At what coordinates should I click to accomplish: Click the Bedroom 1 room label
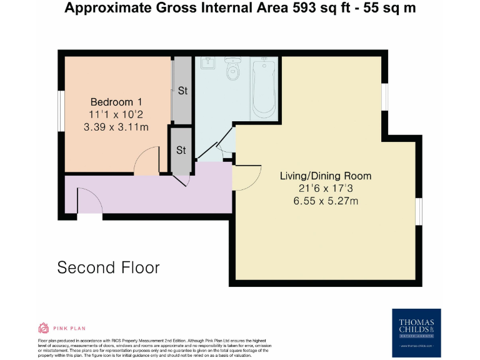[x=116, y=102]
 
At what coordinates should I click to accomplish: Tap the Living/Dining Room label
[x=325, y=176]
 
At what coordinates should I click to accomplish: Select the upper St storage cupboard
[x=182, y=91]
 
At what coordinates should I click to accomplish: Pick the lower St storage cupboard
[x=181, y=150]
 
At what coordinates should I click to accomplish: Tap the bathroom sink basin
[x=207, y=62]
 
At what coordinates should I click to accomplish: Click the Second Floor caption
[x=108, y=267]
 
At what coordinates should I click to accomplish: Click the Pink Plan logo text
[x=69, y=327]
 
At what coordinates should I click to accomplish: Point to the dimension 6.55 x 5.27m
[x=325, y=201]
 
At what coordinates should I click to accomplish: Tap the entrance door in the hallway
[x=89, y=201]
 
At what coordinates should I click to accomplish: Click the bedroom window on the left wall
[x=61, y=111]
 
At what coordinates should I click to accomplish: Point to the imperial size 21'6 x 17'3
[x=325, y=188]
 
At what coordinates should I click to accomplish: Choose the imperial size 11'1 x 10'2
[x=116, y=115]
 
